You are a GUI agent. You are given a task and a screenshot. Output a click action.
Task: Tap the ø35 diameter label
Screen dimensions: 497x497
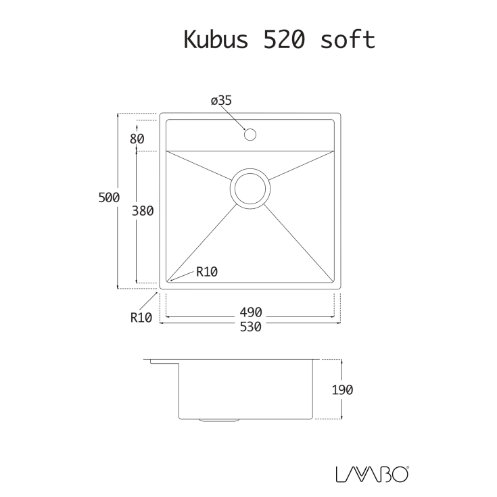(221, 101)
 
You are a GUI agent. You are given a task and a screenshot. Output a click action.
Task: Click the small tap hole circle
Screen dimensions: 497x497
(250, 134)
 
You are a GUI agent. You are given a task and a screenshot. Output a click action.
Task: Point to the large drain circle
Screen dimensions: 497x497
(250, 188)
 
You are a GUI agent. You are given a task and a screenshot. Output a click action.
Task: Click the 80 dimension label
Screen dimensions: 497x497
(137, 139)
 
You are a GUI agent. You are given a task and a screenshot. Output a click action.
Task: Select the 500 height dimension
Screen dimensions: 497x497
(109, 197)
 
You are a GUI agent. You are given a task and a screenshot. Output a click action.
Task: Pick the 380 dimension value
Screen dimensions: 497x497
(143, 210)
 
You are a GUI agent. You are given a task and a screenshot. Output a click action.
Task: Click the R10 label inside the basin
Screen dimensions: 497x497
(206, 273)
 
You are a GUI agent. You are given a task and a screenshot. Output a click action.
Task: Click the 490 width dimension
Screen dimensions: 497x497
(250, 312)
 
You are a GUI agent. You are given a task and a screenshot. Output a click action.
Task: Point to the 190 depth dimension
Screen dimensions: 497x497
(343, 389)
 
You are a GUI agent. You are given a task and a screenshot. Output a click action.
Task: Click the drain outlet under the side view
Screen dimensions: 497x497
(219, 420)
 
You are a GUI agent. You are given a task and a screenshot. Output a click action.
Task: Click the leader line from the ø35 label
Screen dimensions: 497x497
(237, 118)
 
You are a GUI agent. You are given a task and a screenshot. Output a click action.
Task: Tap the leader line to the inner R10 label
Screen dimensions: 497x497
(183, 275)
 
